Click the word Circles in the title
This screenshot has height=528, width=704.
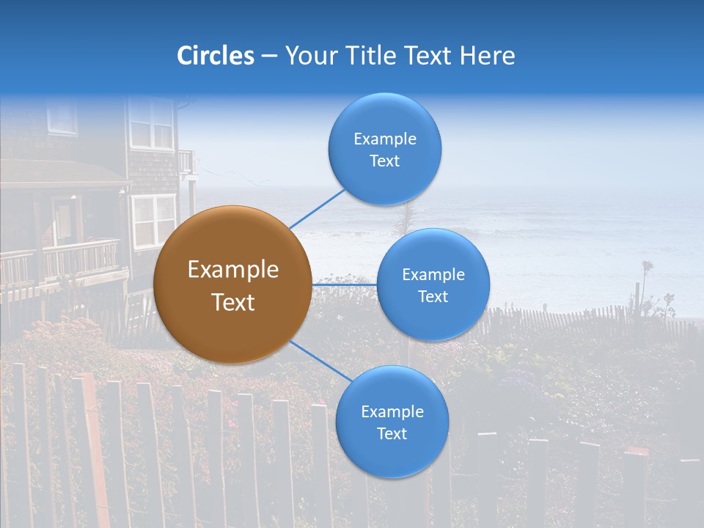click(x=216, y=56)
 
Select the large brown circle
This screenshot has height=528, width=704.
click(x=232, y=285)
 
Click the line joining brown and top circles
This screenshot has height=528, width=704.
click(x=317, y=208)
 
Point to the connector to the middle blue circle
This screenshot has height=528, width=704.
click(x=345, y=285)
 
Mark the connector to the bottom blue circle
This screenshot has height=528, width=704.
click(x=320, y=361)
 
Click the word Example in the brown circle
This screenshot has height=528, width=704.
click(x=232, y=270)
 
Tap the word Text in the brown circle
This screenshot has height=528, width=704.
click(x=232, y=302)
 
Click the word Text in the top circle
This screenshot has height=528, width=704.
click(x=384, y=161)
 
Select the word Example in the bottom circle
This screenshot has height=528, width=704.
click(x=392, y=411)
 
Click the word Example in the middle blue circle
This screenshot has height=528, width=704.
click(x=433, y=274)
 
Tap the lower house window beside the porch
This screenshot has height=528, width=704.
click(x=153, y=220)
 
